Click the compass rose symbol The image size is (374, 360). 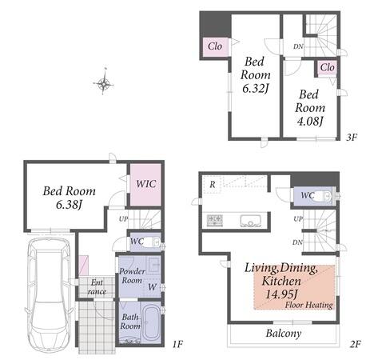[103, 84]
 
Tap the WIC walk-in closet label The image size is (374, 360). [146, 184]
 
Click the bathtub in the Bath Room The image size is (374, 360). [152, 322]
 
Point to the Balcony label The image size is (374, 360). [284, 334]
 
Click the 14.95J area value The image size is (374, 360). [281, 294]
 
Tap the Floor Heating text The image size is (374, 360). [309, 305]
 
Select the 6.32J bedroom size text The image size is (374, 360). [255, 88]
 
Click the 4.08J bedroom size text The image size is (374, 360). [310, 122]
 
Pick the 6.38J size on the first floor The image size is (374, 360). [69, 205]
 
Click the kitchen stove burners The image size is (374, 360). [214, 221]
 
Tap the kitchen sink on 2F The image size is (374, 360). [250, 221]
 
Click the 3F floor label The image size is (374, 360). [352, 138]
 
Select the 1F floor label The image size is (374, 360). [177, 344]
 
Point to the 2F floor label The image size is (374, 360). [356, 344]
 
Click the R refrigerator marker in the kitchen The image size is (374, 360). [213, 184]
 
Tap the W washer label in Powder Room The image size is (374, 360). [152, 287]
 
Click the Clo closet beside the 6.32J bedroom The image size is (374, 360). [215, 46]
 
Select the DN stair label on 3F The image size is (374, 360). [298, 46]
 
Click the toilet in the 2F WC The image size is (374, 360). [324, 197]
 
